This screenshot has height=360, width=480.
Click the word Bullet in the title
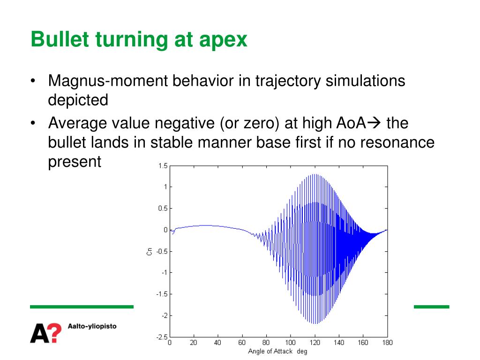click(x=60, y=39)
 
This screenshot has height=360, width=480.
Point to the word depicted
click(x=78, y=100)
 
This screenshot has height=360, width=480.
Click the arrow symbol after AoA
click(x=374, y=123)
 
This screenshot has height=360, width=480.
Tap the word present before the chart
click(x=75, y=162)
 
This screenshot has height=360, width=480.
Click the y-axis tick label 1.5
click(x=163, y=166)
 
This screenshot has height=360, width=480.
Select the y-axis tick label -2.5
click(x=162, y=337)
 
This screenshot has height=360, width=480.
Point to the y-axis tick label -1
click(x=165, y=272)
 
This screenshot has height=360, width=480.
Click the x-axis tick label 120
click(x=315, y=343)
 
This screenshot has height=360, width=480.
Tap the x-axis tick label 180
click(x=387, y=343)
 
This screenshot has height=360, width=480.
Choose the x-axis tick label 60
click(x=242, y=343)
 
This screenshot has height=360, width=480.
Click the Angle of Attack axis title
click(x=277, y=352)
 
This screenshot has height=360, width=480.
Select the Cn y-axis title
click(x=150, y=252)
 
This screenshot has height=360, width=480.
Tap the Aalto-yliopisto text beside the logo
click(x=92, y=326)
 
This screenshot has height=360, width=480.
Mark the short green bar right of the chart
click(x=431, y=307)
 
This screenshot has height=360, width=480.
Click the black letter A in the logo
click(x=39, y=333)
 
